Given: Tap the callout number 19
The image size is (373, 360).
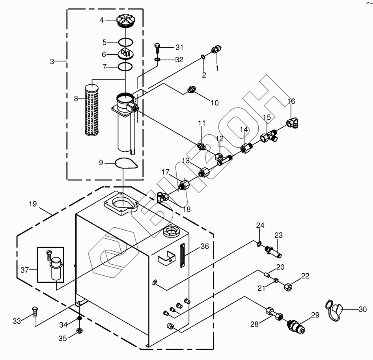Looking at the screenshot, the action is pos(33,204).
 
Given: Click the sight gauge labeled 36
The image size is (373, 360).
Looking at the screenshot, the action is pos(183,256).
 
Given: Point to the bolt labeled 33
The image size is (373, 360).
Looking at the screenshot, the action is pos(34,312).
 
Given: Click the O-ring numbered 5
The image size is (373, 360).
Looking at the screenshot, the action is pos(125,42).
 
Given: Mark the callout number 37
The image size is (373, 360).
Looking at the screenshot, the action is pos(25,270).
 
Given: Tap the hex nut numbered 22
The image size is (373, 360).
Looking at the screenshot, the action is pos(288,287).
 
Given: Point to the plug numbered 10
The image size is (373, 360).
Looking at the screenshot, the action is pos(192,89).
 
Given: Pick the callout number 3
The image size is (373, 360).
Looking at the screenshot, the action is pos(52,61).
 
